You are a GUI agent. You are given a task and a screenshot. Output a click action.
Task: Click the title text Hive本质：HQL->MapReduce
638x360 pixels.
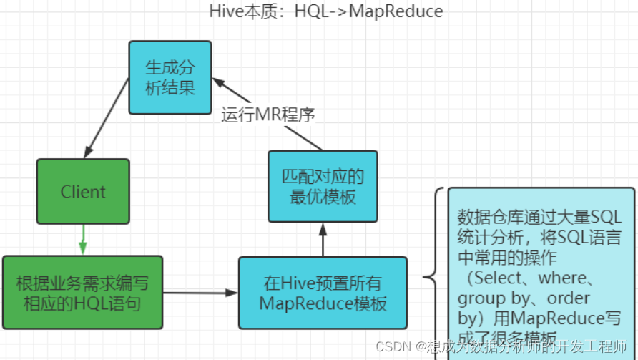(325, 11)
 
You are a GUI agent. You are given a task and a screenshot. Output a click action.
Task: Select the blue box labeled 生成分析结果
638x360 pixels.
(170, 77)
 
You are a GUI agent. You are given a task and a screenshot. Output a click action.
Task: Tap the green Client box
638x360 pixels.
(83, 192)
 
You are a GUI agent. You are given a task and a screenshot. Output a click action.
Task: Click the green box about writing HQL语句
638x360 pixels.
(82, 292)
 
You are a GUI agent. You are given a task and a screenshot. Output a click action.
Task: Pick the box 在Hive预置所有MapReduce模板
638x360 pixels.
(323, 292)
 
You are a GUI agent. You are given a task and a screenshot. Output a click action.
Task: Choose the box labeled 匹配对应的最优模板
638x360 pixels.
(323, 186)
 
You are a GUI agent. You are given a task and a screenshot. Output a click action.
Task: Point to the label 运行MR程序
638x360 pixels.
(268, 115)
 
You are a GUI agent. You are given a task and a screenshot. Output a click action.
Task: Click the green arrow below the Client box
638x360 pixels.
(83, 239)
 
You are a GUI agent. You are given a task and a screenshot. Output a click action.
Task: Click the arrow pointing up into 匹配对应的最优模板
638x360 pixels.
(323, 239)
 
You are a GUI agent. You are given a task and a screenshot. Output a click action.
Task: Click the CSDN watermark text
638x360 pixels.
(393, 346)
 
